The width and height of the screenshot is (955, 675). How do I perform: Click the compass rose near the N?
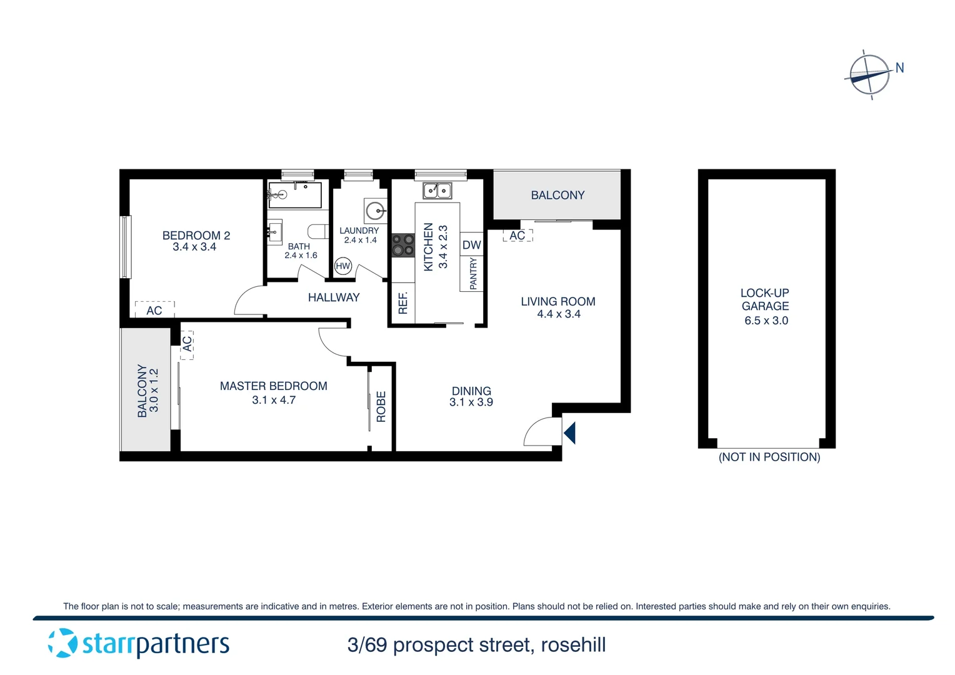[869, 75]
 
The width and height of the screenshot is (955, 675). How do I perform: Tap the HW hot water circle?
[343, 266]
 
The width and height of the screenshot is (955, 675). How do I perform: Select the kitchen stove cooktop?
[403, 245]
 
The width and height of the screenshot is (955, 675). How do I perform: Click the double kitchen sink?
[437, 190]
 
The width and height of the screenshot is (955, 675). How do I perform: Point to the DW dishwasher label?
[472, 246]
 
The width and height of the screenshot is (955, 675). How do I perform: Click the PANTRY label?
[473, 273]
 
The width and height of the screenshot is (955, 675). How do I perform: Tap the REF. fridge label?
[403, 303]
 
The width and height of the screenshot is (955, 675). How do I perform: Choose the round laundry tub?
[376, 210]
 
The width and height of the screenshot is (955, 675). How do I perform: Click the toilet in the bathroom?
[319, 232]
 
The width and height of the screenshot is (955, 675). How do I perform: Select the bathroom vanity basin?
[274, 232]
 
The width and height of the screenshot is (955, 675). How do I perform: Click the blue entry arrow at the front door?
[569, 432]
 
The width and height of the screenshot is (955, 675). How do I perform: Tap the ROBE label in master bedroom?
[381, 407]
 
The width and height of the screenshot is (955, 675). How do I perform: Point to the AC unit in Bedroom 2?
[154, 310]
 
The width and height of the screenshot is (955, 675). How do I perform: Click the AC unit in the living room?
[517, 236]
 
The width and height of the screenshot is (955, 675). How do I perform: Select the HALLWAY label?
[334, 297]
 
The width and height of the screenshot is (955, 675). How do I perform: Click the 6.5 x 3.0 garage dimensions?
[766, 321]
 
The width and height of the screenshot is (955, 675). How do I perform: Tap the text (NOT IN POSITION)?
[769, 457]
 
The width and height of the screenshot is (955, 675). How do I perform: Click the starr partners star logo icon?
[62, 643]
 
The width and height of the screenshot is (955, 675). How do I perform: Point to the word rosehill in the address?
[573, 645]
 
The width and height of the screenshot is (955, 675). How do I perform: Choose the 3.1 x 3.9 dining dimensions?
[471, 402]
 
